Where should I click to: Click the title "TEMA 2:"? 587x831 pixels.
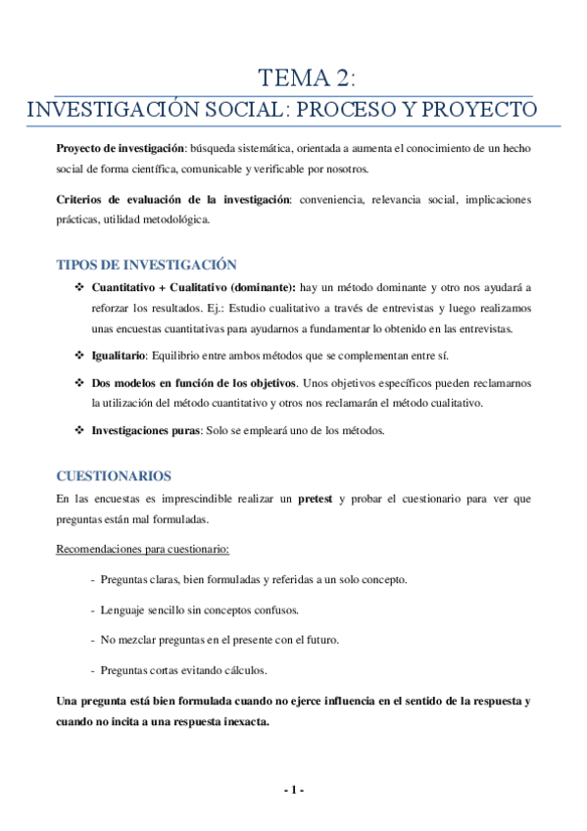pyautogui.click(x=307, y=78)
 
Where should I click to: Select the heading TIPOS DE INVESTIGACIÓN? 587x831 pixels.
pyautogui.click(x=147, y=265)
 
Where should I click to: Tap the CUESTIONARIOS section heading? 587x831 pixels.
pyautogui.click(x=114, y=476)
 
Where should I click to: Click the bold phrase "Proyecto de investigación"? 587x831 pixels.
pyautogui.click(x=121, y=147)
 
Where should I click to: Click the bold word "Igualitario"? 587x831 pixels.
pyautogui.click(x=119, y=355)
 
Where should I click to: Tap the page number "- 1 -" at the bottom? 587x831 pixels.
pyautogui.click(x=294, y=791)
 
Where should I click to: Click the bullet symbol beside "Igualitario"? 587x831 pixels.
pyautogui.click(x=79, y=355)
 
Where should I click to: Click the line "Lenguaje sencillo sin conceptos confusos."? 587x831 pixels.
pyautogui.click(x=200, y=610)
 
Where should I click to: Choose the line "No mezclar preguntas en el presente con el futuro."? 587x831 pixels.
pyautogui.click(x=220, y=640)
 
